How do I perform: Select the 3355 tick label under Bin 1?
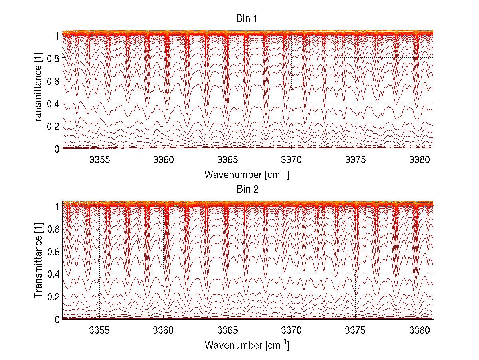click(x=99, y=160)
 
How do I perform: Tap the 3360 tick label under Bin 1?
click(x=164, y=160)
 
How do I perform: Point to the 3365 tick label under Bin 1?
click(x=228, y=160)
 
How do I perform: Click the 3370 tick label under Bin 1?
click(x=292, y=160)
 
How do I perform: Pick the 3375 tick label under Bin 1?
click(x=356, y=160)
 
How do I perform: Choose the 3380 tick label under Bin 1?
click(x=420, y=160)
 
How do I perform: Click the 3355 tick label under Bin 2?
click(x=99, y=330)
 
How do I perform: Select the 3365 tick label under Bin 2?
click(x=228, y=330)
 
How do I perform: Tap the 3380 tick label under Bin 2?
click(x=420, y=330)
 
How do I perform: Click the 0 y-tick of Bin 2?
click(x=57, y=319)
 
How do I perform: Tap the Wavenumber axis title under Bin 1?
click(x=247, y=174)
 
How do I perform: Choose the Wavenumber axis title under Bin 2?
click(x=247, y=345)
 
